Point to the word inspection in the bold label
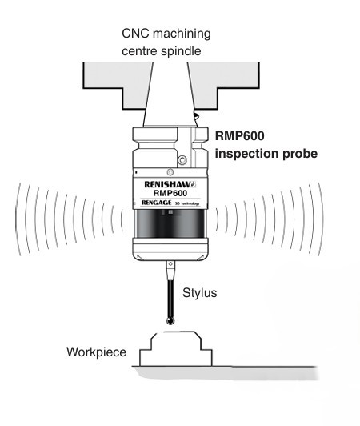(x=240, y=152)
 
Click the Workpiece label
(x=98, y=350)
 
